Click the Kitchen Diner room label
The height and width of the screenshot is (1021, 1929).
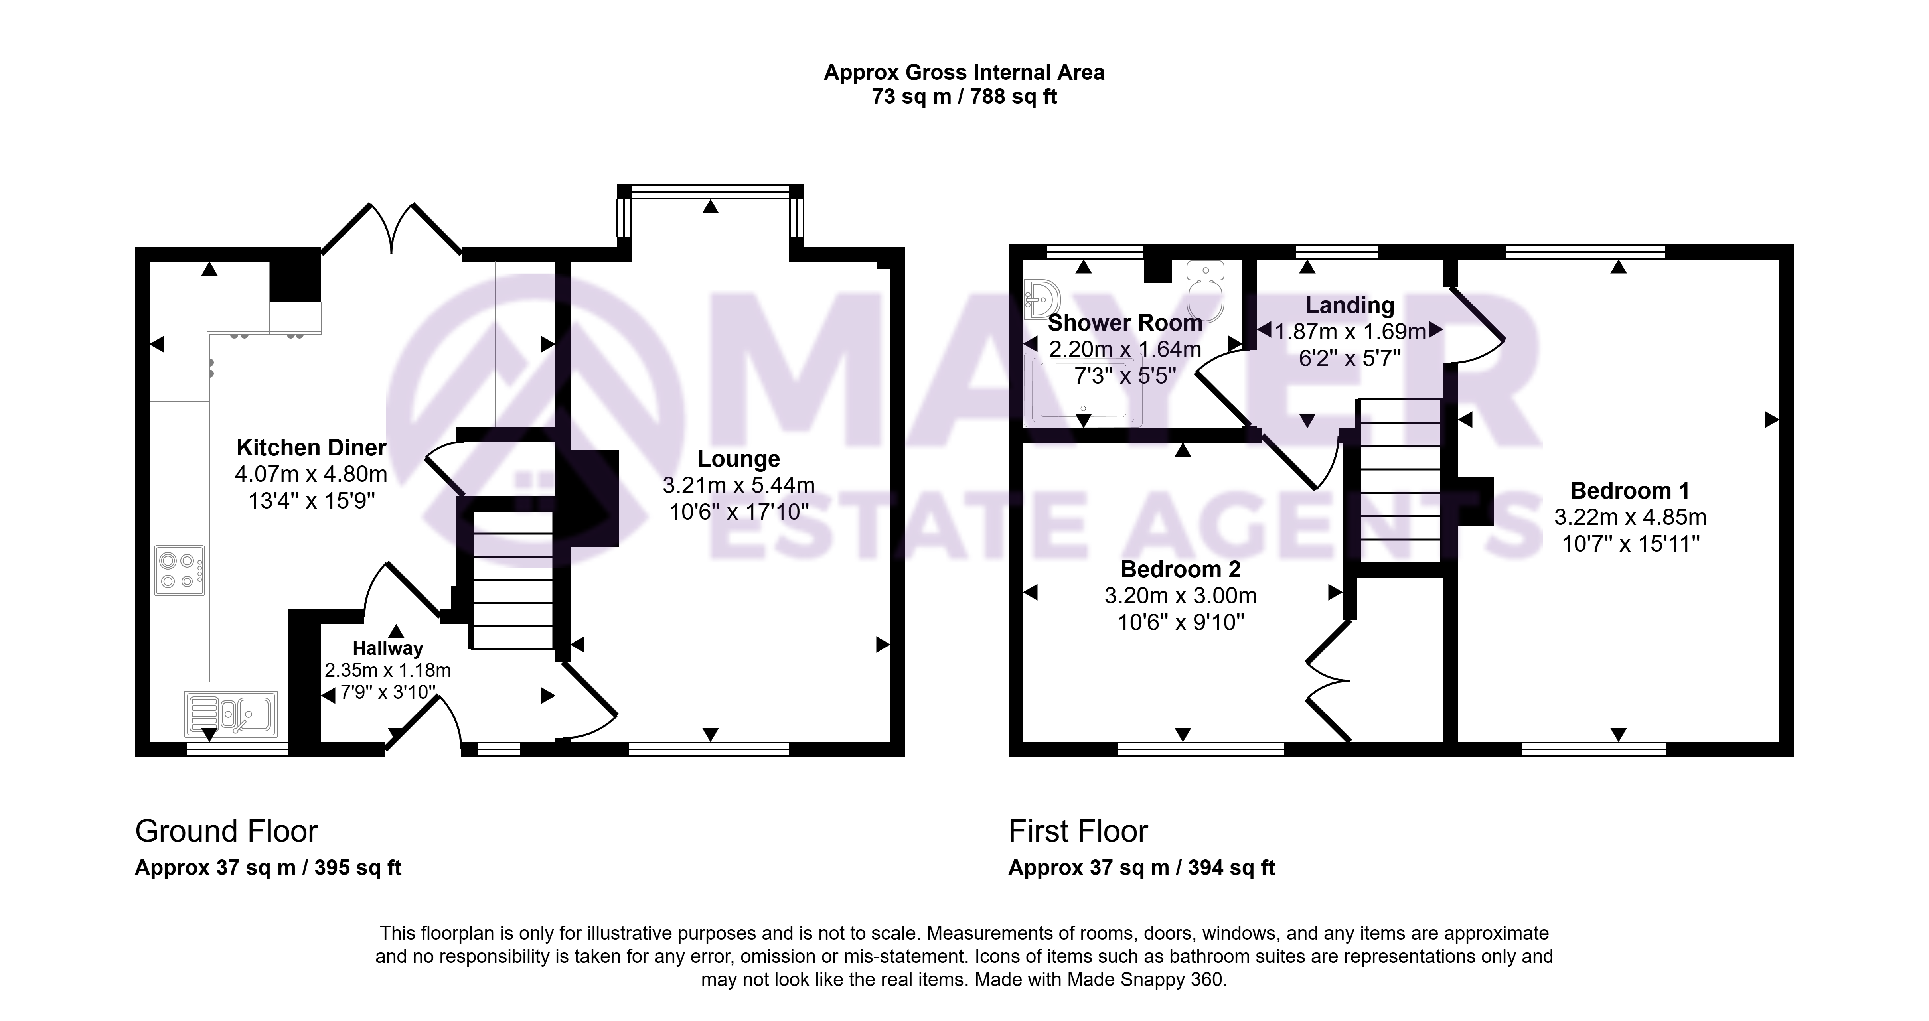tap(312, 447)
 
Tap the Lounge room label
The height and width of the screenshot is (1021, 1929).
tap(738, 459)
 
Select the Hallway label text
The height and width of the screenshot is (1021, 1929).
tap(388, 648)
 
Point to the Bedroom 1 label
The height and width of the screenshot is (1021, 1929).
tap(1630, 491)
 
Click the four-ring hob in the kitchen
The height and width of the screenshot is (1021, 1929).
tap(180, 570)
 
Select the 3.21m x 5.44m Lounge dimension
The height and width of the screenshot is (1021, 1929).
tap(738, 485)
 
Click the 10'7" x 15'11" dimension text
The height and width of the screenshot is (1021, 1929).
tap(1630, 544)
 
